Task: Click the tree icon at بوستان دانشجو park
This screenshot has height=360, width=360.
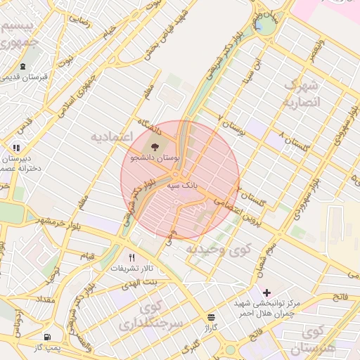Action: click(x=155, y=147)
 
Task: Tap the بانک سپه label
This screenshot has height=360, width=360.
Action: click(x=181, y=186)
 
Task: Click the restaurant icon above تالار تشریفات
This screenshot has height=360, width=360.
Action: click(x=131, y=257)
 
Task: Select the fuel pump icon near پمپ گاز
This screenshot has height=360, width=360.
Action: click(x=47, y=337)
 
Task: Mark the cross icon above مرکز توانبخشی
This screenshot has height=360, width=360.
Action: click(x=266, y=292)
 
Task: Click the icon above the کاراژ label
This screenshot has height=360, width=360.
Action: click(x=212, y=317)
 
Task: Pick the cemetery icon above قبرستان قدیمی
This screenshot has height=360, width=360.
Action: click(x=23, y=67)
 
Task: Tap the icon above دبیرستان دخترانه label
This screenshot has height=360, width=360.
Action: click(x=15, y=148)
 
